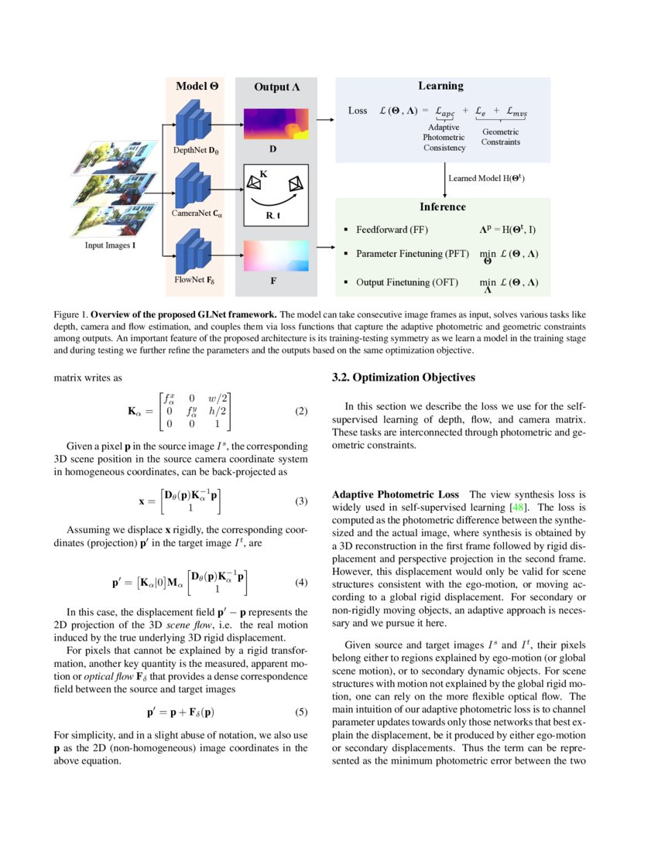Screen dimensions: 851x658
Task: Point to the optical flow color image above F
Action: pyautogui.click(x=276, y=256)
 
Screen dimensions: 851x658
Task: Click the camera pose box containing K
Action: pyautogui.click(x=276, y=194)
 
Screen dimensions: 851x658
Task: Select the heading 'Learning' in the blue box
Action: pyautogui.click(x=440, y=86)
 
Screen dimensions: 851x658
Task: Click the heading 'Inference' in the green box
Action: pyautogui.click(x=442, y=207)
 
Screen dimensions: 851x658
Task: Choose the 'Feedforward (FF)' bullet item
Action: pyautogui.click(x=392, y=230)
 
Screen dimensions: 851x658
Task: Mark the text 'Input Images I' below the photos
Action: pyautogui.click(x=111, y=246)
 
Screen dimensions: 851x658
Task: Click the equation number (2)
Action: pyautogui.click(x=301, y=412)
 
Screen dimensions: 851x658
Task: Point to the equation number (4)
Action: pyautogui.click(x=301, y=582)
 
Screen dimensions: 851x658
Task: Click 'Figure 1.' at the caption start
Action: pyautogui.click(x=70, y=315)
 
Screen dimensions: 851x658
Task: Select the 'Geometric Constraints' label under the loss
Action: pyautogui.click(x=500, y=137)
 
